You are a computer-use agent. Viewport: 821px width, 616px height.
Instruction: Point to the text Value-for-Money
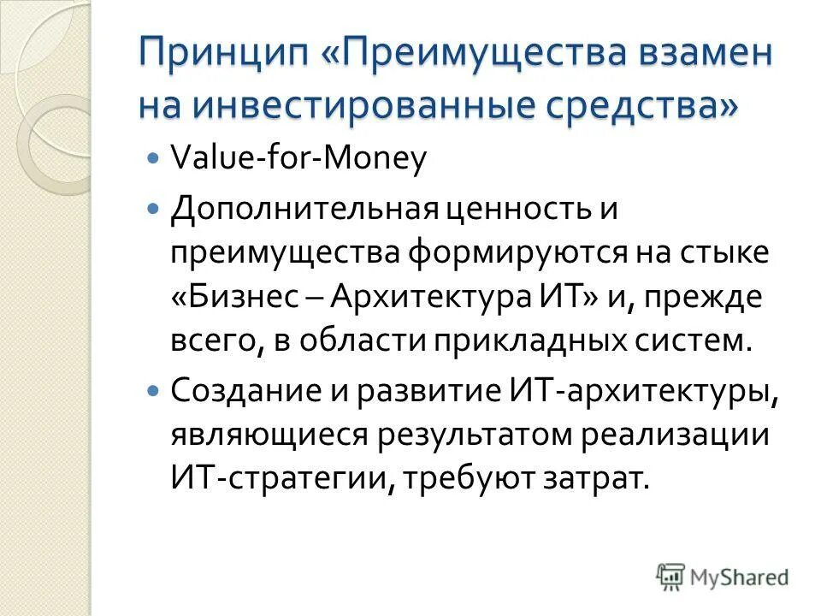tap(298, 160)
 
